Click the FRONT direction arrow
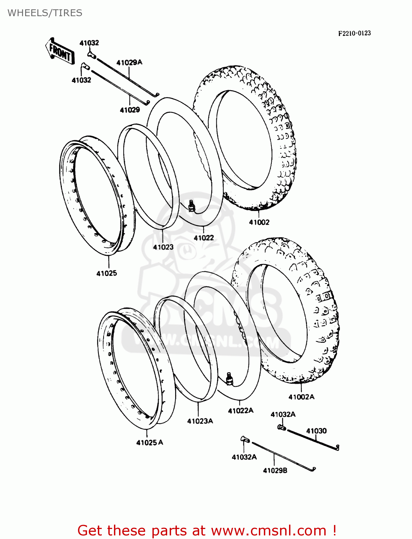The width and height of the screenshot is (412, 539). coord(60,52)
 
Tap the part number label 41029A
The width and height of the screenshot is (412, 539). coord(129,63)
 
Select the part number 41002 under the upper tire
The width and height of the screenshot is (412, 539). coord(259,222)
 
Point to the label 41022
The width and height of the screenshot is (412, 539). coord(204,238)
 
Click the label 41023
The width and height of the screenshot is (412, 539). coord(163,247)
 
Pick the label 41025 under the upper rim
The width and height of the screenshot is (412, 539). coord(107,273)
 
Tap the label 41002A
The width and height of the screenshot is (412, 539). coord(301,397)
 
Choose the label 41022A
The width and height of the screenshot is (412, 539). coord(241,411)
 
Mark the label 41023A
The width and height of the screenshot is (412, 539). coord(200,421)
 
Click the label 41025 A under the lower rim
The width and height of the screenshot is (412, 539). coord(150,443)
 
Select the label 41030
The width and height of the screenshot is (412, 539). coord(316,431)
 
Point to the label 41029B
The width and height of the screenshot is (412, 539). coord(275,470)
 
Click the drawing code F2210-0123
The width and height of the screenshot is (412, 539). coord(354,33)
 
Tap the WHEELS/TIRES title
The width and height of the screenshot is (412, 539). coord(45,13)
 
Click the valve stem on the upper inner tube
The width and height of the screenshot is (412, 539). coord(191,206)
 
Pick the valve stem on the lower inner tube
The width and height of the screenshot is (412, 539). coord(229,378)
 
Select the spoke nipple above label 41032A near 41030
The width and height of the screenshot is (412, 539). coord(281,427)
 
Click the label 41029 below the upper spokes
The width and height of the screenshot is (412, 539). coord(130,110)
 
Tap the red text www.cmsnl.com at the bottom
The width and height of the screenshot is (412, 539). coord(268,531)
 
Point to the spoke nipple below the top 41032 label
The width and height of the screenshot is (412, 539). coord(91,55)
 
